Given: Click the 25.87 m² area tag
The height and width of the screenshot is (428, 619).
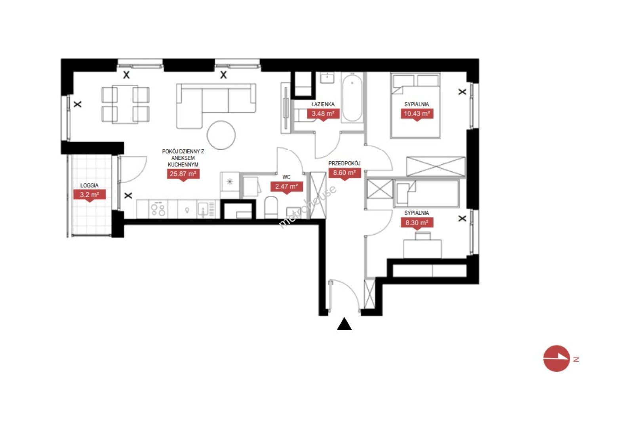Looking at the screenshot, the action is click(183, 174).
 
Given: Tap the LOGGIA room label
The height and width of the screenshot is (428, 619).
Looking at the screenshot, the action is click(89, 185).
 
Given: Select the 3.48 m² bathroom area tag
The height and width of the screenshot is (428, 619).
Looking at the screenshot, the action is click(323, 114).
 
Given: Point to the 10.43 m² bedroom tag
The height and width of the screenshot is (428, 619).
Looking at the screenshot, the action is click(417, 114).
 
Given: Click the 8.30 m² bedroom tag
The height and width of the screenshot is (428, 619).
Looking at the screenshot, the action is click(417, 223).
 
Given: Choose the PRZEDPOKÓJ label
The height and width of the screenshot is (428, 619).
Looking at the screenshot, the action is click(344, 163).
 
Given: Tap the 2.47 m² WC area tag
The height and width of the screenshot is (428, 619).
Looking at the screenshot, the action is click(286, 187).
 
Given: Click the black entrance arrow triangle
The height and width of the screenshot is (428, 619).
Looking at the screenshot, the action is click(344, 324).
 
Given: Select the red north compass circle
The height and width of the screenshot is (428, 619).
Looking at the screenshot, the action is click(556, 358).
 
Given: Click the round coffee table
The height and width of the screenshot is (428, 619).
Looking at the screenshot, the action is click(221, 135).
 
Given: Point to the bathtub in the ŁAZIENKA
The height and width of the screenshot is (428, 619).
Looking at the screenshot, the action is click(352, 97).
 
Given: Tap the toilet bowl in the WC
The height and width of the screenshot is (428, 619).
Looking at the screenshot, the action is click(271, 207).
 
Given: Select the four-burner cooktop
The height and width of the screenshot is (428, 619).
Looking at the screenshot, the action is click(158, 209).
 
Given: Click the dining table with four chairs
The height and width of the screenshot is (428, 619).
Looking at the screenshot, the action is click(126, 105).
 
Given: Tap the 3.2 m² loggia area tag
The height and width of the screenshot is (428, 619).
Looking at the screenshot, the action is click(89, 195).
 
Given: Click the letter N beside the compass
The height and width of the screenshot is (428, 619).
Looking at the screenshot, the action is click(576, 359).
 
